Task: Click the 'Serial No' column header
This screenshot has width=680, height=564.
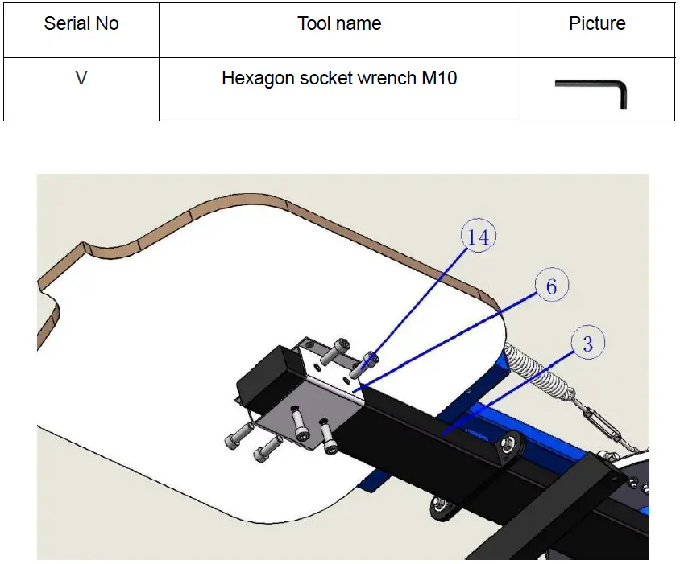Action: (81, 23)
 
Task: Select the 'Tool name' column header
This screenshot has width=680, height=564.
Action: (339, 23)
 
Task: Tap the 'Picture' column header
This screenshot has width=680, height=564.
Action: (597, 23)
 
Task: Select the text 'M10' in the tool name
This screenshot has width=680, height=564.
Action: (439, 78)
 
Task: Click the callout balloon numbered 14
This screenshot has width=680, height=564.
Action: (479, 236)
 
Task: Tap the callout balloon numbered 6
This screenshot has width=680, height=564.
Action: (551, 286)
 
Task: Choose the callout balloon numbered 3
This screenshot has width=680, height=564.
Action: (587, 343)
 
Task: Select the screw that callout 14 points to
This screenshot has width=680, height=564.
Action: (363, 365)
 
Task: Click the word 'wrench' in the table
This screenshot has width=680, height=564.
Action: (387, 78)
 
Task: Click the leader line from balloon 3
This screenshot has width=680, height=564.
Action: (508, 392)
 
